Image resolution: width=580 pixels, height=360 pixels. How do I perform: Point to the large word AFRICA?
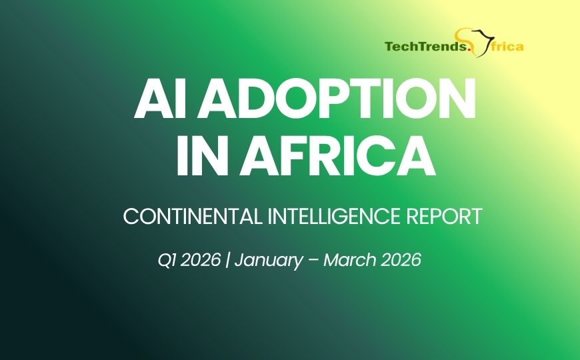click(337, 155)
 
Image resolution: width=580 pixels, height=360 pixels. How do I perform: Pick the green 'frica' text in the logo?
click(504, 47)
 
